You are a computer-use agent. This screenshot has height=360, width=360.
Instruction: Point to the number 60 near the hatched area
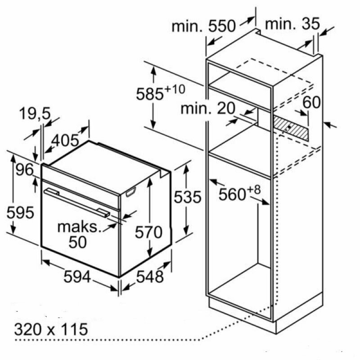311,102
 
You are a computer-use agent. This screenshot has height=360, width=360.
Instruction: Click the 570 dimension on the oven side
148,232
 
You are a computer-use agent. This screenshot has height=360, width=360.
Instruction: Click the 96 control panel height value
23,171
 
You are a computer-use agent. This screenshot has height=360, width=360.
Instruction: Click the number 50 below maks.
78,242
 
